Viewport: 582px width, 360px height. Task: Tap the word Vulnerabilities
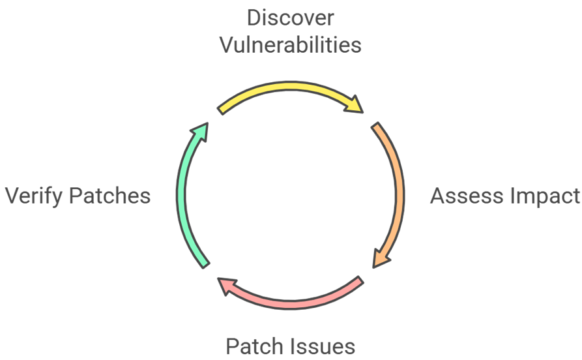click(x=291, y=44)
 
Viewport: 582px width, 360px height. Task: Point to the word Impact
click(x=542, y=196)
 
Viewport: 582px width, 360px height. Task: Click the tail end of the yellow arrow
click(x=222, y=110)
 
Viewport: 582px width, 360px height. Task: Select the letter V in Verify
click(x=13, y=196)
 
